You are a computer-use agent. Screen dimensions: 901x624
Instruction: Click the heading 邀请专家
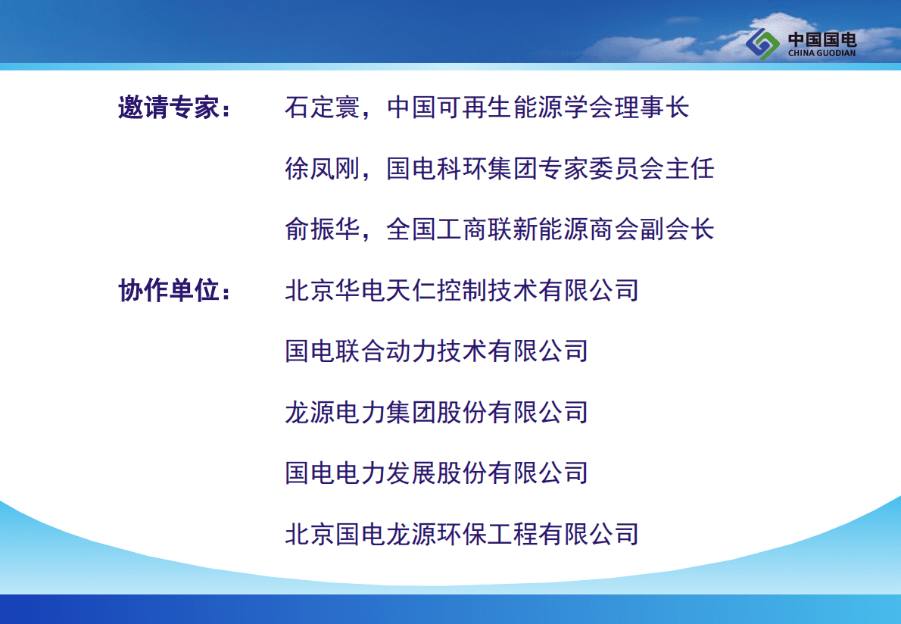coord(168,108)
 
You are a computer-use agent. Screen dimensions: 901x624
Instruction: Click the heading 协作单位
coord(168,290)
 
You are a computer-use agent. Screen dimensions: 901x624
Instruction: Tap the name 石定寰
coord(323,108)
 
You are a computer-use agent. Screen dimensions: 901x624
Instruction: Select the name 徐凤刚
coord(323,169)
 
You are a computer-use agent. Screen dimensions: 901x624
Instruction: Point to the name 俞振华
coord(323,229)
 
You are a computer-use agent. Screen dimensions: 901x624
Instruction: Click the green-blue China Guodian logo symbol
coord(762,44)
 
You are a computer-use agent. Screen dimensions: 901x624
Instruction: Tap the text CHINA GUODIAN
coord(821,53)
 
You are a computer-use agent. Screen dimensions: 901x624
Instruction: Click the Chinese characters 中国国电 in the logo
coord(822,39)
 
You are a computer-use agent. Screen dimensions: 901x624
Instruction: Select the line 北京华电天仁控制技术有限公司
coord(461,290)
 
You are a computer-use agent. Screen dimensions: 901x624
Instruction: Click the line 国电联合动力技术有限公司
coord(436,351)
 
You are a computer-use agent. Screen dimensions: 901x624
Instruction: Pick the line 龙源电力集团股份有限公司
coord(436,412)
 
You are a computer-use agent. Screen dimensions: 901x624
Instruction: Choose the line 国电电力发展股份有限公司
coord(436,473)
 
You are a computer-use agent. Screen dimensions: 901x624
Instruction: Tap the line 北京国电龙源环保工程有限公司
coord(461,534)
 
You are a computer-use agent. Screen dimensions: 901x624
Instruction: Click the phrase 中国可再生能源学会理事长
coord(538,108)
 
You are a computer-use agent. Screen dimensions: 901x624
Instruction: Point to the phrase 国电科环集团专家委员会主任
coord(550,169)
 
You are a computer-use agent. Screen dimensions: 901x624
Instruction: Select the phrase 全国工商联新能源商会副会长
coord(550,229)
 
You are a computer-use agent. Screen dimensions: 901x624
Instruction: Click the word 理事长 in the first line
coord(652,108)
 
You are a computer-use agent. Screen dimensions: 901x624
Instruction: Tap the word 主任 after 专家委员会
coord(690,169)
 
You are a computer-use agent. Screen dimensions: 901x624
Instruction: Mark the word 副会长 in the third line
coord(677,229)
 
